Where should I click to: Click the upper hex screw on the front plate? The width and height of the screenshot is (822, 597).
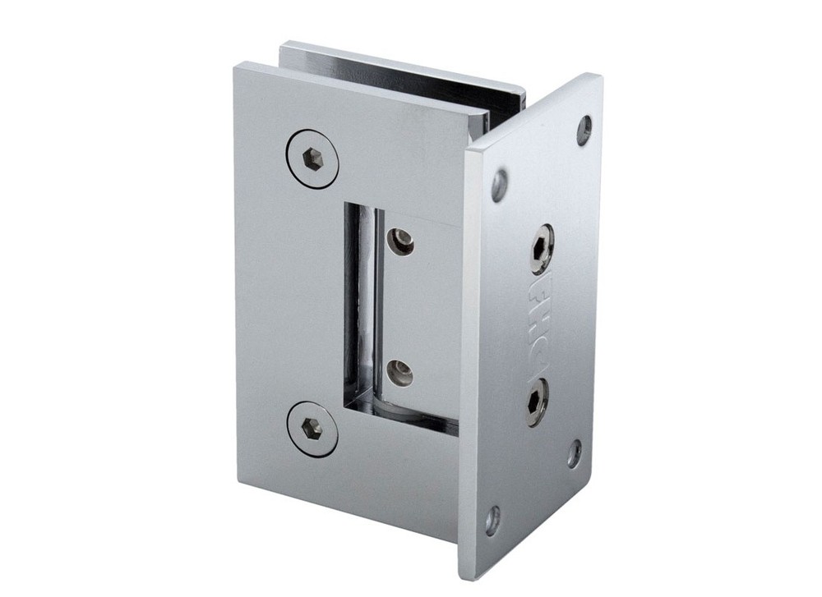(312, 158)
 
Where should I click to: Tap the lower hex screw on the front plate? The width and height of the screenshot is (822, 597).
(312, 429)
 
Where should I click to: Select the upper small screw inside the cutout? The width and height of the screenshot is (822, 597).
(402, 241)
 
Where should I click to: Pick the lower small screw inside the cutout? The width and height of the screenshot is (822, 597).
(400, 374)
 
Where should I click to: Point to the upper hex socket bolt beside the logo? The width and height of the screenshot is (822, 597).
(542, 249)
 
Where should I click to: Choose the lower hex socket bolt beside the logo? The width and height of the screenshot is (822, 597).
(535, 402)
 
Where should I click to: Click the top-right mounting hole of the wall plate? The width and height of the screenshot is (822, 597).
(584, 130)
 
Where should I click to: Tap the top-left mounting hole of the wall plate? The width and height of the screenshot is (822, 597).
(500, 185)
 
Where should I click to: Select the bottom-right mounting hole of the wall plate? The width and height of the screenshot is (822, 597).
(574, 453)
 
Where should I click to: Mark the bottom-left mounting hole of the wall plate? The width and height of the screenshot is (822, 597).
(492, 520)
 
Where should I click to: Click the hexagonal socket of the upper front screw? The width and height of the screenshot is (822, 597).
(312, 158)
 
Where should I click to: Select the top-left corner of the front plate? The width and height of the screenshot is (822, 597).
(236, 65)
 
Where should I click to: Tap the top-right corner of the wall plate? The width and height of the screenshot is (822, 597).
(598, 78)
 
